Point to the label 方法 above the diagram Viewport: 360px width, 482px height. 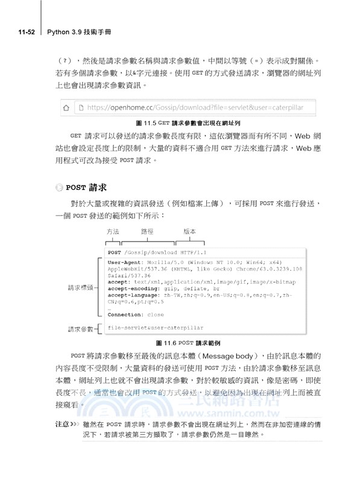coord(113,231)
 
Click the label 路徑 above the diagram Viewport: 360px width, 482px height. coord(148,231)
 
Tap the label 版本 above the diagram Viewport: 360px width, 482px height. coord(190,231)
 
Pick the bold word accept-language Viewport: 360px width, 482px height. coord(134,296)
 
